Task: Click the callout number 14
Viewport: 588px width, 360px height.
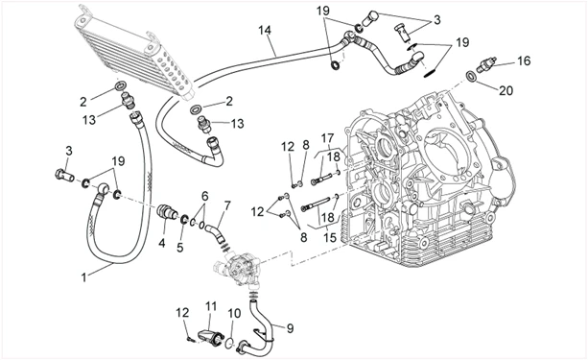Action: pos(265,30)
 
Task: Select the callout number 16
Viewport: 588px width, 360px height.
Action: pos(524,60)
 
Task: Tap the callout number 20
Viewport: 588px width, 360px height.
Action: pos(506,90)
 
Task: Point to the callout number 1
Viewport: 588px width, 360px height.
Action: pos(84,277)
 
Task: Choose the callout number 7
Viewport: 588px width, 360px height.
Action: pos(227,205)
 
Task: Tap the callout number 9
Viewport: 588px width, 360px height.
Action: pos(290,328)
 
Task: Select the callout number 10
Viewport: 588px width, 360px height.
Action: pos(234,314)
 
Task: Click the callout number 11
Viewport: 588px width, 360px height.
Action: pos(211,306)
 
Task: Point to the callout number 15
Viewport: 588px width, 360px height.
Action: pos(330,238)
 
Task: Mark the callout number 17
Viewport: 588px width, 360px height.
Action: pos(327,138)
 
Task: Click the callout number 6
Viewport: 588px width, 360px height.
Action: pos(204,196)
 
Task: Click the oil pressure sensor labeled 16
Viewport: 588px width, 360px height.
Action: pos(486,65)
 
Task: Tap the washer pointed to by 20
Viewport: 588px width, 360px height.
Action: pos(471,76)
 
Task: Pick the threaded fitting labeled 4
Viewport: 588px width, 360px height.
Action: pos(165,211)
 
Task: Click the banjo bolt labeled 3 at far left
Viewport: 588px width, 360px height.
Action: pos(64,175)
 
